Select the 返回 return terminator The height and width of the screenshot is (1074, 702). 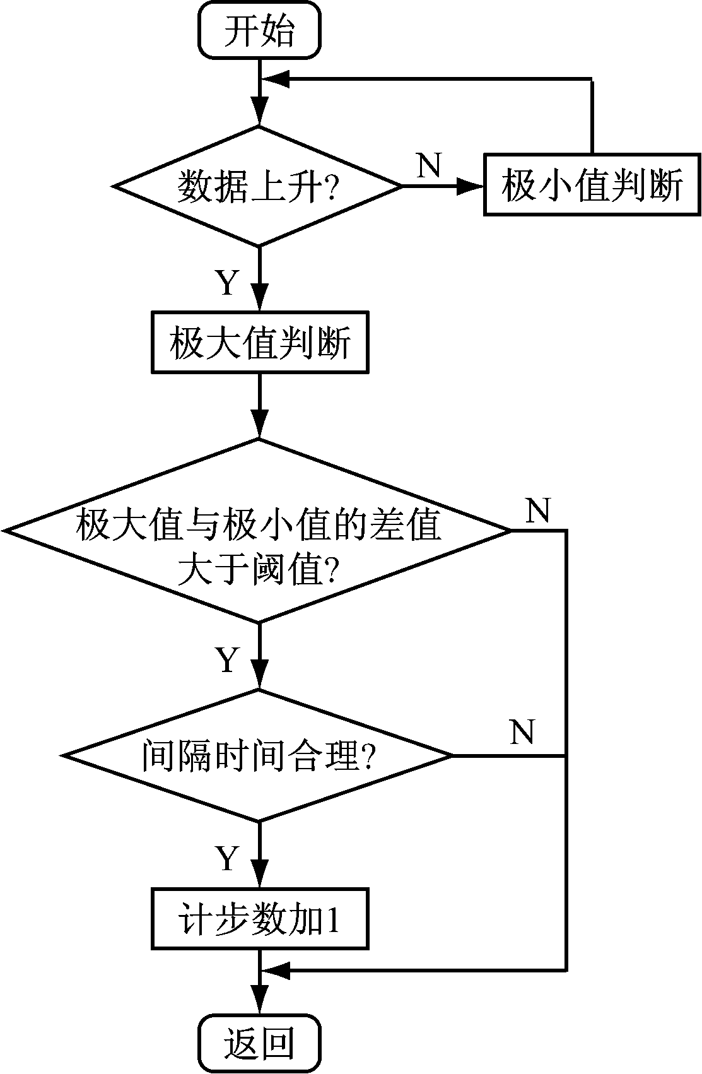[259, 1044]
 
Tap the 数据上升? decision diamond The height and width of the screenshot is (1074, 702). [259, 186]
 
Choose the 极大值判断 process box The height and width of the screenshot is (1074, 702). [259, 345]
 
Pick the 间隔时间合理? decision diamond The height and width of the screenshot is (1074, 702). [259, 755]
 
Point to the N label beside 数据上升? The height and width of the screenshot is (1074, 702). [429, 165]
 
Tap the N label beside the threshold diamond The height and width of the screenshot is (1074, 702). [538, 510]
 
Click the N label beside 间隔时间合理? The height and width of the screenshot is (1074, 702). [522, 732]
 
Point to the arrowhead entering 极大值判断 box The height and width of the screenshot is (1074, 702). [259, 297]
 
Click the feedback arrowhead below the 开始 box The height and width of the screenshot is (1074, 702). [275, 79]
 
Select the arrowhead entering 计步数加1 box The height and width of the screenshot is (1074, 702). [259, 874]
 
